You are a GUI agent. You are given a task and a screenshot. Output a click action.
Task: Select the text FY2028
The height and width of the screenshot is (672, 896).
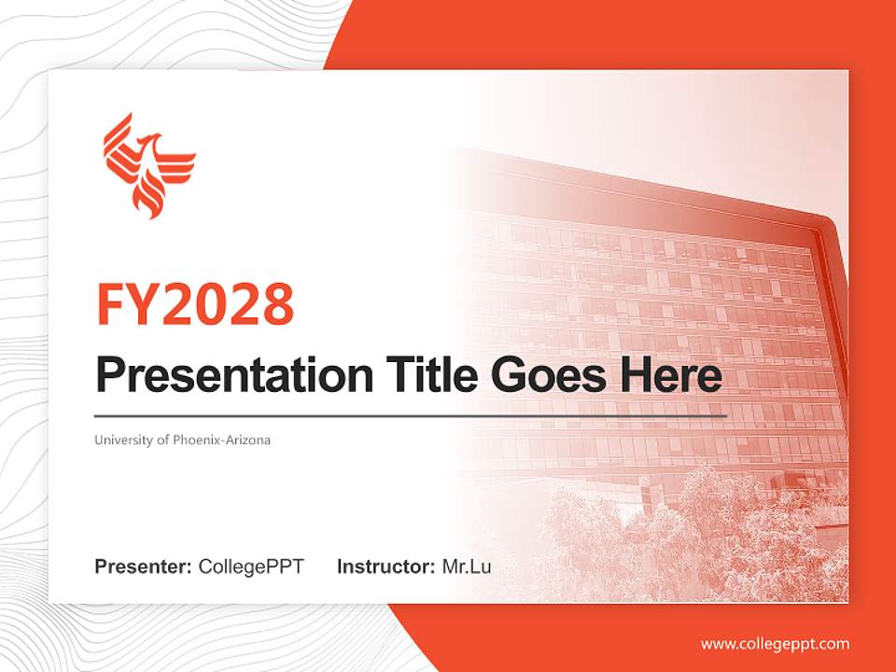click(195, 303)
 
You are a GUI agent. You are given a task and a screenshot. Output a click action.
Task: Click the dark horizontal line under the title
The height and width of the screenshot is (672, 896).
click(411, 415)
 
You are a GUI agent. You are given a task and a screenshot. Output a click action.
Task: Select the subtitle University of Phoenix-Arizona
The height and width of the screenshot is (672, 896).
click(182, 440)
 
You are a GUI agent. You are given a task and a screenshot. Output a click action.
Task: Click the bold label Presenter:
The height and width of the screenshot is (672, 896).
click(144, 567)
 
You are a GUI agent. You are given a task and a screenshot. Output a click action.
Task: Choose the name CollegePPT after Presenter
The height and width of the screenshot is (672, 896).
click(251, 567)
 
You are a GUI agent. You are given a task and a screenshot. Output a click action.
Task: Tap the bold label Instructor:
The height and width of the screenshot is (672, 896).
click(385, 567)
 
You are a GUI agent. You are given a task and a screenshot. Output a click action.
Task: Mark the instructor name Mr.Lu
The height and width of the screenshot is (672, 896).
click(467, 567)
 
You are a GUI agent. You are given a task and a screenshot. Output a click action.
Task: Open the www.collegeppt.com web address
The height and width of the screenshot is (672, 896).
click(775, 644)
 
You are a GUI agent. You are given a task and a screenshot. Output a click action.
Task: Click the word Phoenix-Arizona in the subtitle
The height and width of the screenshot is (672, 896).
click(222, 440)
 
